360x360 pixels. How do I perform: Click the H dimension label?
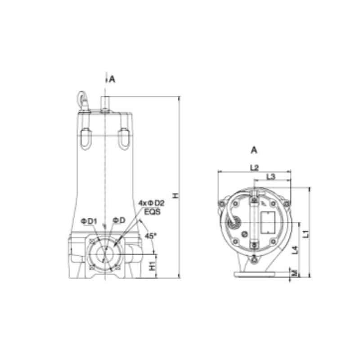pos(176,196)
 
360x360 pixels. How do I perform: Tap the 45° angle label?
pos(150,236)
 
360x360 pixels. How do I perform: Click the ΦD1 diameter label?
pos(89,221)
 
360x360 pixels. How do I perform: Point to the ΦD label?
pos(119,220)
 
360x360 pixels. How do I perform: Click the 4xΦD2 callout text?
pos(152,203)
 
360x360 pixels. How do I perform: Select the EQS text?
pos(152,211)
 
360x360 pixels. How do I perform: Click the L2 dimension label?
pos(254,167)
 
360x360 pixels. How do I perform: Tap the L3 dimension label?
pos(271,176)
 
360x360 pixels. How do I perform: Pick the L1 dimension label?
pos(306,234)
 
